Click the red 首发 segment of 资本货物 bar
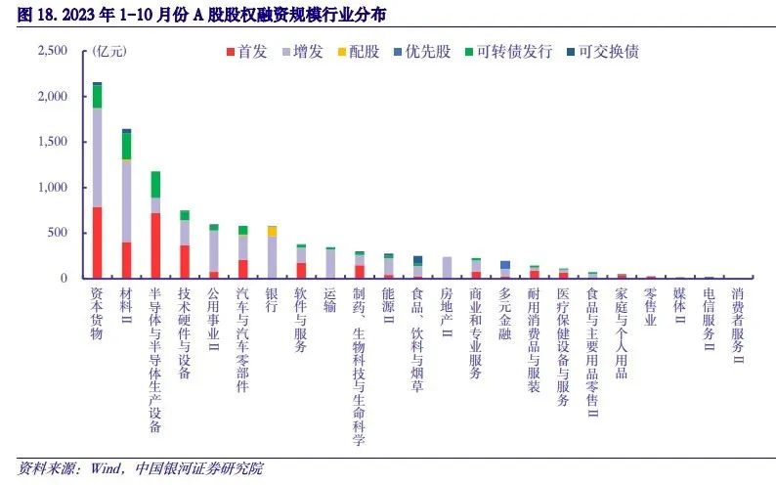pyautogui.click(x=97, y=242)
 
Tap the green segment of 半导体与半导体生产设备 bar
pyautogui.click(x=155, y=185)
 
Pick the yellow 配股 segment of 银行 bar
pyautogui.click(x=272, y=232)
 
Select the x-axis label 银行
pyautogui.click(x=272, y=299)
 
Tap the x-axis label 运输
pyautogui.click(x=329, y=299)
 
